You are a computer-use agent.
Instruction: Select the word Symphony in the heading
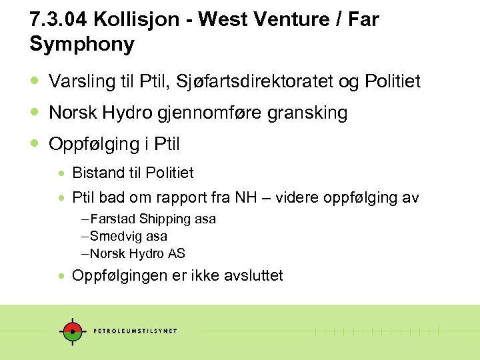[82, 45]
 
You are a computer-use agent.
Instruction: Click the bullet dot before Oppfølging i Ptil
[35, 143]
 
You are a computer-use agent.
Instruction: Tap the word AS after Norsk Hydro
[177, 254]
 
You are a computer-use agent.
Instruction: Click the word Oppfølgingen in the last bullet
[120, 275]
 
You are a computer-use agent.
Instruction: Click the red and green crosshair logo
[70, 331]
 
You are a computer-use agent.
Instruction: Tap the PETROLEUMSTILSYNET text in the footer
[135, 331]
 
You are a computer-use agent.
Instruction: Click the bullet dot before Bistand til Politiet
[61, 173]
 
